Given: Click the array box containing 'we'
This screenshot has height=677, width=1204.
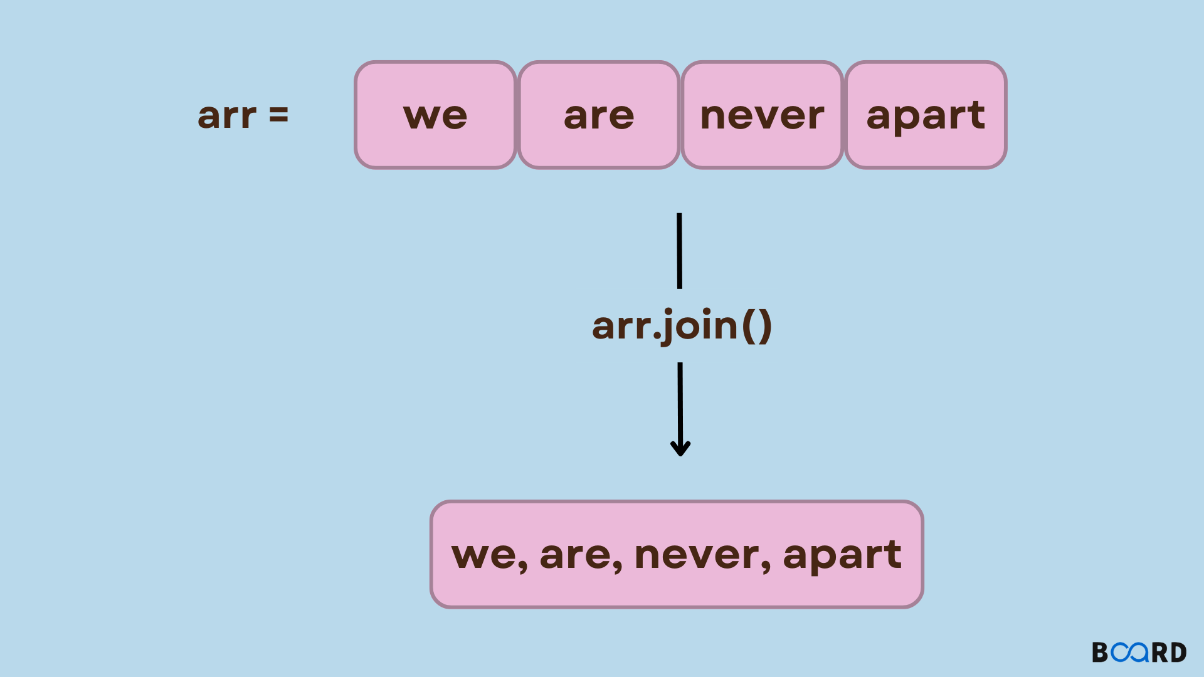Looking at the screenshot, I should [x=435, y=115].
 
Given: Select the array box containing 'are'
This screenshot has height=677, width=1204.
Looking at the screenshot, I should [x=599, y=115].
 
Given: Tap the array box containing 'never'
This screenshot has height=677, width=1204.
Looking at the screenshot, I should [x=762, y=115].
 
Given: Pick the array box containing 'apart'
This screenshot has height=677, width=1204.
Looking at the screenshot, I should [x=926, y=115].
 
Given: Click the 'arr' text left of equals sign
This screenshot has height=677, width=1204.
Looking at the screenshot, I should [x=227, y=116].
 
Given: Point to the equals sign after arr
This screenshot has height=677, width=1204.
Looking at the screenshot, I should [x=278, y=115].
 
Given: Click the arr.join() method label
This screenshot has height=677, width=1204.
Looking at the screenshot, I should [x=682, y=325].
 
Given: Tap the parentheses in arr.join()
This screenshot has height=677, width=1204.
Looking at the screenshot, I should [x=757, y=325].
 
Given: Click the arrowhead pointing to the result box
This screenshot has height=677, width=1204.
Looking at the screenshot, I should [x=680, y=448].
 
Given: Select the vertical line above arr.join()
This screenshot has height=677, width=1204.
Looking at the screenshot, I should [x=679, y=251].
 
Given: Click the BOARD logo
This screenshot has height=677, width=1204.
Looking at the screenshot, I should [x=1139, y=653].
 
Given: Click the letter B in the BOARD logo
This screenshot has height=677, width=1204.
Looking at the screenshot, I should [x=1101, y=653].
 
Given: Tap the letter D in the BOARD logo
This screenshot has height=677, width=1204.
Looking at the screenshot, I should [x=1178, y=653].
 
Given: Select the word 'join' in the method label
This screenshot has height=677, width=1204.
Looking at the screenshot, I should [x=700, y=325].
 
